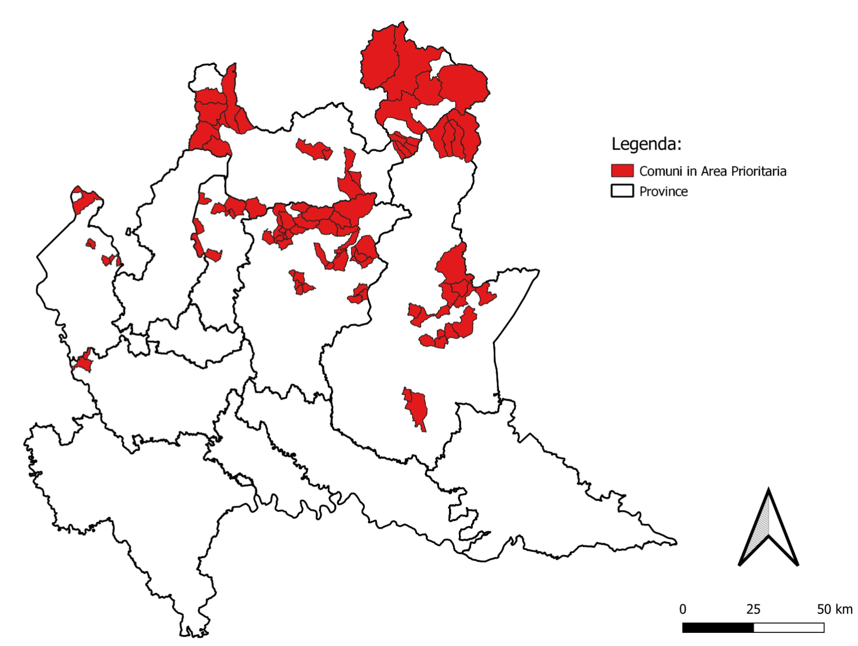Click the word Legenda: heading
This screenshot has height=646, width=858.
(x=646, y=144)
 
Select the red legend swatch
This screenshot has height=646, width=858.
(x=622, y=171)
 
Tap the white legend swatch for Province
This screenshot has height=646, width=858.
(x=622, y=191)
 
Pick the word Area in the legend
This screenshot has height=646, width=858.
(x=714, y=171)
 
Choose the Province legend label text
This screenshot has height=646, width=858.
(x=664, y=191)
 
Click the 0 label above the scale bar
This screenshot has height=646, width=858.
(x=682, y=609)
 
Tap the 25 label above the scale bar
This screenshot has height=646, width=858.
(x=753, y=609)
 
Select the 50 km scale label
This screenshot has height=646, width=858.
(x=834, y=609)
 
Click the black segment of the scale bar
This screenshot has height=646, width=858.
(x=718, y=628)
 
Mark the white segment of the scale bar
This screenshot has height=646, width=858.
(x=788, y=628)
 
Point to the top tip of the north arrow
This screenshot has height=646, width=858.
(x=768, y=490)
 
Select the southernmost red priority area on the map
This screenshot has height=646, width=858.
(x=417, y=409)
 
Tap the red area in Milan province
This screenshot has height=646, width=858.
(x=83, y=362)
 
